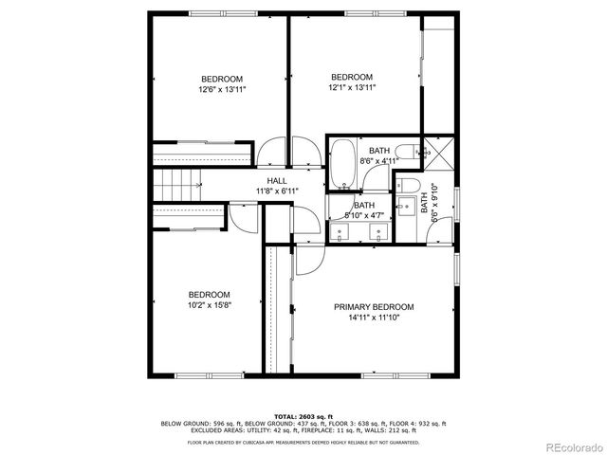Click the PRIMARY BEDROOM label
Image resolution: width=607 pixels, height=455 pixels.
click(373, 307)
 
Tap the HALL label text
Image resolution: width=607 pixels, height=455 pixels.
click(277, 180)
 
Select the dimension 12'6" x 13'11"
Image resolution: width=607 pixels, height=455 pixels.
click(221, 90)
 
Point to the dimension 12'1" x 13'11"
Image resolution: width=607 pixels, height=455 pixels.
click(353, 88)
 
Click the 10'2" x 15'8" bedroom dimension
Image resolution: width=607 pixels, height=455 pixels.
click(209, 305)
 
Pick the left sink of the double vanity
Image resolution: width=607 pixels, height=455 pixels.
click(344, 228)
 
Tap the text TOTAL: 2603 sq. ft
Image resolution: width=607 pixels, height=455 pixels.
click(303, 415)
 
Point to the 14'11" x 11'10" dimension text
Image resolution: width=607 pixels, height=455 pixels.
click(373, 318)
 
